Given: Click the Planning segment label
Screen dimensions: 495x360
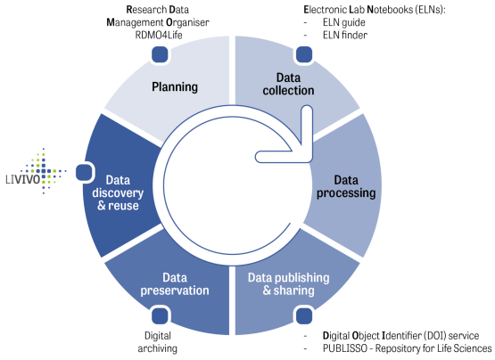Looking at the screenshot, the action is pos(175,86).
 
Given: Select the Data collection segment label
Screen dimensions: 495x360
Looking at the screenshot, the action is pos(288,84).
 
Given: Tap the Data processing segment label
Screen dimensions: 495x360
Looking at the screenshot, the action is pos(346,187).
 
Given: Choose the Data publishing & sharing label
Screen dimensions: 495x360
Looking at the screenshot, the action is pos(289,284).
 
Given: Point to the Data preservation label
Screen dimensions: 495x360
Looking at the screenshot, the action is pos(175,284).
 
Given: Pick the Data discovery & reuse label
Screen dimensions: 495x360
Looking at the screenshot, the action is pos(118,192).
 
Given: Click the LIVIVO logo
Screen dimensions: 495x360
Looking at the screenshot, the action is pos(36,171).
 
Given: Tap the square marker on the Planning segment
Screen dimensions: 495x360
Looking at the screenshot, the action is pos(160,54).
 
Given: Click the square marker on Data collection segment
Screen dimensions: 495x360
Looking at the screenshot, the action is pos(304,54).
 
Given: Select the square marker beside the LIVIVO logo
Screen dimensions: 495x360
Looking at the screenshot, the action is pos(84,173).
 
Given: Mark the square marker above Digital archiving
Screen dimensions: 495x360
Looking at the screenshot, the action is pos(160,315).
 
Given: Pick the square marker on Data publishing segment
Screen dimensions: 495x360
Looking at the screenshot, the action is pos(304,315).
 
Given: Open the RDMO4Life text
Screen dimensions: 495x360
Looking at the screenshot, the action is pos(159,35).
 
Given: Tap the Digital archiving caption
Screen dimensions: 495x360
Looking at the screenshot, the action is pos(158,342).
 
